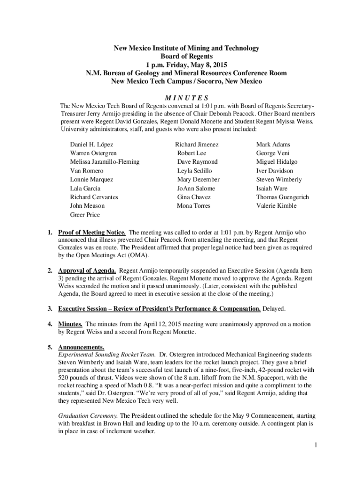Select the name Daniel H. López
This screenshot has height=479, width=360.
click(x=92, y=145)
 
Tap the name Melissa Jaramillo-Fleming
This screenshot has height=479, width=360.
click(x=104, y=162)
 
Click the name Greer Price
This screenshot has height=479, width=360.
click(x=85, y=215)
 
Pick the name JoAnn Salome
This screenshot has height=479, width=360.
click(x=196, y=189)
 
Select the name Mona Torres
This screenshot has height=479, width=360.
click(x=194, y=206)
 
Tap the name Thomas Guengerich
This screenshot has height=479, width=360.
click(x=282, y=197)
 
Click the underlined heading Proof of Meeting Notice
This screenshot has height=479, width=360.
click(x=92, y=232)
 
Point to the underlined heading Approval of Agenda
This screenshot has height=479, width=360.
click(x=87, y=271)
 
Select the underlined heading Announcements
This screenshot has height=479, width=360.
click(x=81, y=348)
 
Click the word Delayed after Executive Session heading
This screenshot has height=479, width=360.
click(x=274, y=309)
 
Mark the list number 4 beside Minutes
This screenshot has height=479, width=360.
click(x=49, y=324)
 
